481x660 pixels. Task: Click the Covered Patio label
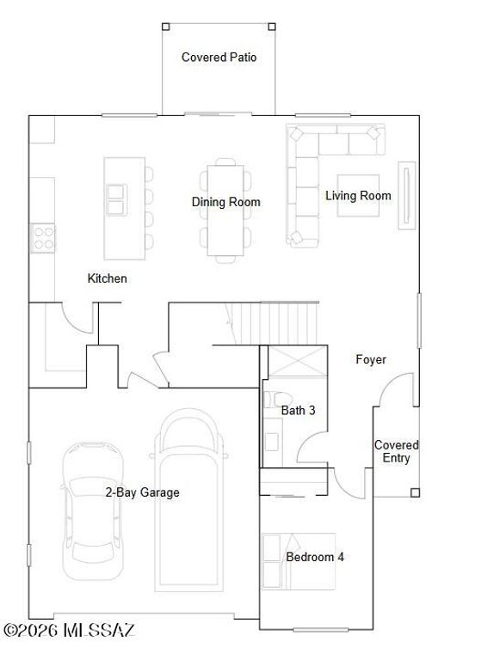pyautogui.click(x=219, y=58)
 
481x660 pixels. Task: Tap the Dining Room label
pyautogui.click(x=225, y=202)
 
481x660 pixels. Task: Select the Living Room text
pyautogui.click(x=358, y=196)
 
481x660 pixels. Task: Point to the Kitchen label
pyautogui.click(x=108, y=278)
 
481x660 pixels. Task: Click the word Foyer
pyautogui.click(x=371, y=359)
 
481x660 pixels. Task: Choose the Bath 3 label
pyautogui.click(x=298, y=411)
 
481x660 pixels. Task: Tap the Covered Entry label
pyautogui.click(x=396, y=451)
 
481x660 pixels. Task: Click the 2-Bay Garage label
pyautogui.click(x=142, y=492)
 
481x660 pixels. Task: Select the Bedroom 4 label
pyautogui.click(x=315, y=557)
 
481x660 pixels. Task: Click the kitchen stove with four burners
pyautogui.click(x=44, y=236)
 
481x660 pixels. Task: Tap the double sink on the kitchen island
pyautogui.click(x=115, y=199)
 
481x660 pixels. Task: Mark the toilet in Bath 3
pyautogui.click(x=274, y=404)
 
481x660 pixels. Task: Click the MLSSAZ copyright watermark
pyautogui.click(x=69, y=631)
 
